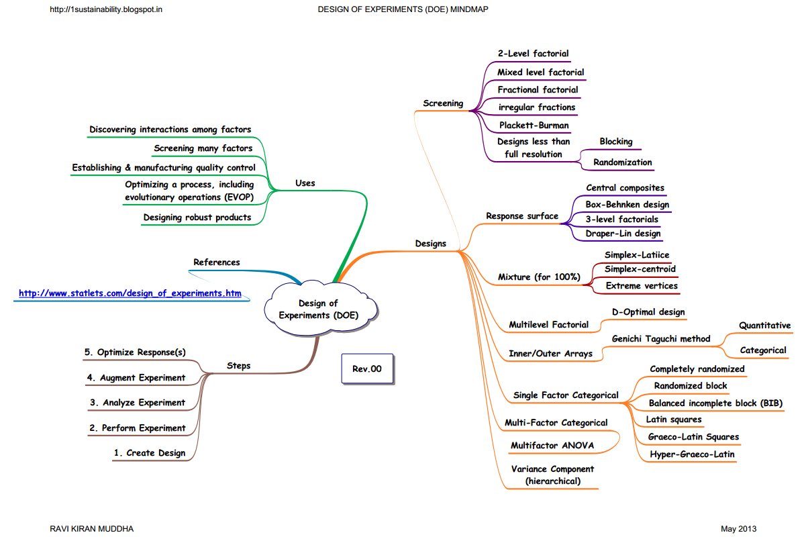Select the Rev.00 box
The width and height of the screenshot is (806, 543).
(x=366, y=369)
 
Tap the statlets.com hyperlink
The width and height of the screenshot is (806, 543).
(x=130, y=293)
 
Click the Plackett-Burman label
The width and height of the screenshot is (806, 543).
(x=534, y=125)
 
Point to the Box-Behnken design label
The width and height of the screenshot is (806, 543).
(x=627, y=204)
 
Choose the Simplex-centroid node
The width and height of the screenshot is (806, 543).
(x=640, y=269)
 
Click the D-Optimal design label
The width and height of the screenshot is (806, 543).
(x=648, y=312)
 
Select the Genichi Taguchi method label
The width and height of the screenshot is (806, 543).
(x=660, y=339)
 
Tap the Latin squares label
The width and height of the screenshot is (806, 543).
(x=673, y=419)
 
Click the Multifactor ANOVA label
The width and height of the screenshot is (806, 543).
(x=552, y=445)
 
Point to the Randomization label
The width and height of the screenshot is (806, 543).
(x=622, y=162)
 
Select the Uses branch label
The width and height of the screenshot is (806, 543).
(x=305, y=183)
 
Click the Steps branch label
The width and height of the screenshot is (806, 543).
(x=238, y=366)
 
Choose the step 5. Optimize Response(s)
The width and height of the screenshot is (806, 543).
(x=135, y=352)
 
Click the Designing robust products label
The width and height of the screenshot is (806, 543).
(x=197, y=217)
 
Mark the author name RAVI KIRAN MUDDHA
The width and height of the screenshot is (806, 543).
(x=92, y=529)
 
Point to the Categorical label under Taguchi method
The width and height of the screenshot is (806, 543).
(x=762, y=350)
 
